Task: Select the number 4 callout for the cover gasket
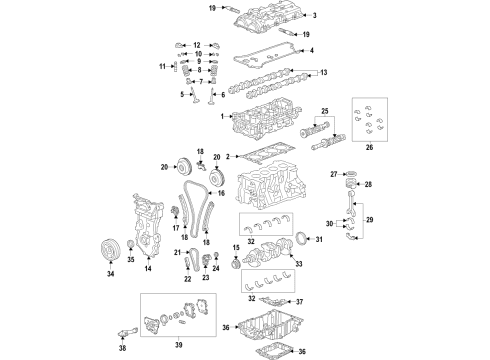point(311,50)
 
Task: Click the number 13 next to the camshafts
point(321,73)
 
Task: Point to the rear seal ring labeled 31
point(298,240)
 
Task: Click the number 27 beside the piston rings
point(334,175)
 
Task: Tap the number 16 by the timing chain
point(221,193)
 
